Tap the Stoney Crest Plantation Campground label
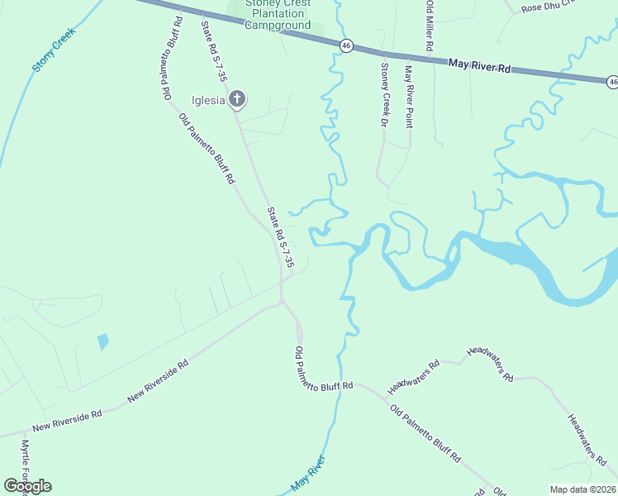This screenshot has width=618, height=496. tap(278, 15)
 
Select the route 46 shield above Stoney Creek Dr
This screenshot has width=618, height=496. tap(347, 45)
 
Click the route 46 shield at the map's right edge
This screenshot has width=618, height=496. tap(612, 81)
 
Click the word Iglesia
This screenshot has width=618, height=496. tap(209, 101)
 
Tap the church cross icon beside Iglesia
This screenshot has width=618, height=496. tap(237, 100)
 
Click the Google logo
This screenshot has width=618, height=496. tap(28, 486)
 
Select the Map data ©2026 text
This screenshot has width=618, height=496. tap(582, 489)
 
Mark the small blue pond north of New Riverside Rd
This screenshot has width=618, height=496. tap(102, 341)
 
